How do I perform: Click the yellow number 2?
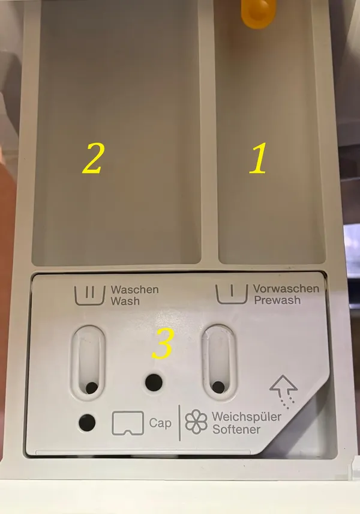[x=94, y=159]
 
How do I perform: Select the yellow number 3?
[x=163, y=343]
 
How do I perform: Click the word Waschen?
[x=134, y=289]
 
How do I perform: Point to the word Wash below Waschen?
[x=125, y=301]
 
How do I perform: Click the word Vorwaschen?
[x=286, y=288]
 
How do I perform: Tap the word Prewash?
[x=277, y=300]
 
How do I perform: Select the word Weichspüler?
[x=247, y=417]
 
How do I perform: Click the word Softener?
[x=236, y=429]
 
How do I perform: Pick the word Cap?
[x=160, y=423]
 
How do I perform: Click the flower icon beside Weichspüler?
[x=196, y=422]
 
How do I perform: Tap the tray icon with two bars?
[x=90, y=295]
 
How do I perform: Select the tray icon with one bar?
[x=232, y=294]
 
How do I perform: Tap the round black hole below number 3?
[x=154, y=382]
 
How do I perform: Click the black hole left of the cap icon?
[x=87, y=423]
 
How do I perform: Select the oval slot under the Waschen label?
[x=88, y=362]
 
